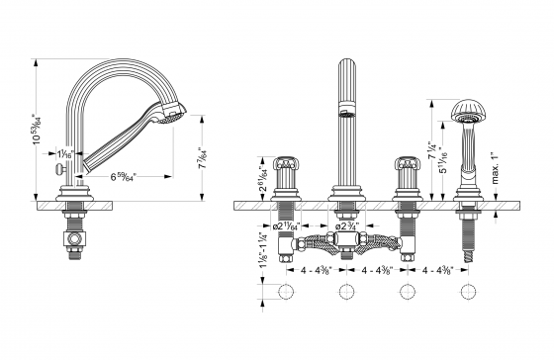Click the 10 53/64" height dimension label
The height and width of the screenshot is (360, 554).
click(x=36, y=130)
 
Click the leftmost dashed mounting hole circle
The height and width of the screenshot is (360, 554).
click(x=288, y=292)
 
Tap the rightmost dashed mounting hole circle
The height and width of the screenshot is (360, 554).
click(x=463, y=292)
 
